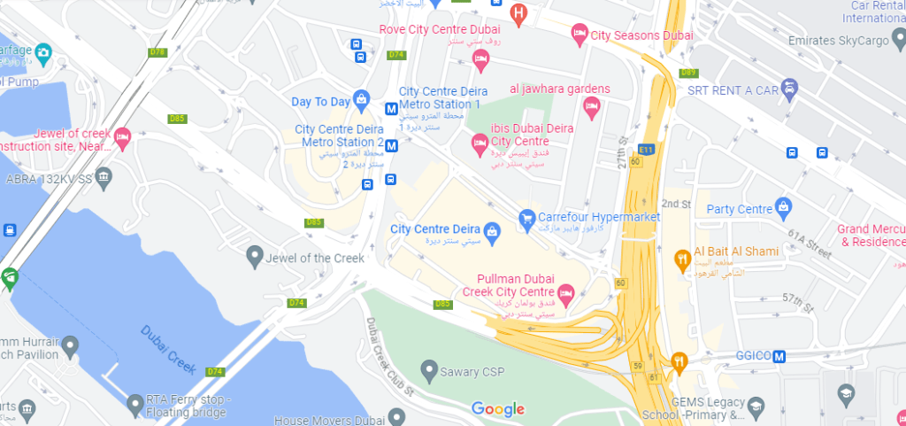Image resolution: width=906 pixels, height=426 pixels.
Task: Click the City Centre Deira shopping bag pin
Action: click(x=493, y=230)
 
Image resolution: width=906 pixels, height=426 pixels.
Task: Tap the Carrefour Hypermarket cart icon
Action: click(x=526, y=217)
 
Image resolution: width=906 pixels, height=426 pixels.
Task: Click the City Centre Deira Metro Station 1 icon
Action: click(x=391, y=109)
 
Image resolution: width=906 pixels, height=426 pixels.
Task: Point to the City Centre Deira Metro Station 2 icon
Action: click(x=391, y=147)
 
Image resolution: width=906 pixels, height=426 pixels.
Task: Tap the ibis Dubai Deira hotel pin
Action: click(x=479, y=142)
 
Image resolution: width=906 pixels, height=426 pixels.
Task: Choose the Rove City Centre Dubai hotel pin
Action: click(x=480, y=59)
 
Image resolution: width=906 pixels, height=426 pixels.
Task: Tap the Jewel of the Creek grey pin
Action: click(x=255, y=258)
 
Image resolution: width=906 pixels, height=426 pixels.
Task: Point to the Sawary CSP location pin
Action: click(x=429, y=368)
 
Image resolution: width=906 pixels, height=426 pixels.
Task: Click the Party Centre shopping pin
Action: click(x=783, y=208)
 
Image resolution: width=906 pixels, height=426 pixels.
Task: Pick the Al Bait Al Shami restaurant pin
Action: click(x=682, y=259)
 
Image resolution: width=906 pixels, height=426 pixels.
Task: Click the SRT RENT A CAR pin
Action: click(x=790, y=88)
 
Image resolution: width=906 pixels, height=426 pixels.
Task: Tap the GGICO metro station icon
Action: click(x=779, y=356)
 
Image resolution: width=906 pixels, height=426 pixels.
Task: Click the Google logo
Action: click(x=497, y=408)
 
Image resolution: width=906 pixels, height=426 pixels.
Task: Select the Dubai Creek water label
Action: click(x=168, y=347)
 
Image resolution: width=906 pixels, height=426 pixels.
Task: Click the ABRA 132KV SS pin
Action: click(x=104, y=178)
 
